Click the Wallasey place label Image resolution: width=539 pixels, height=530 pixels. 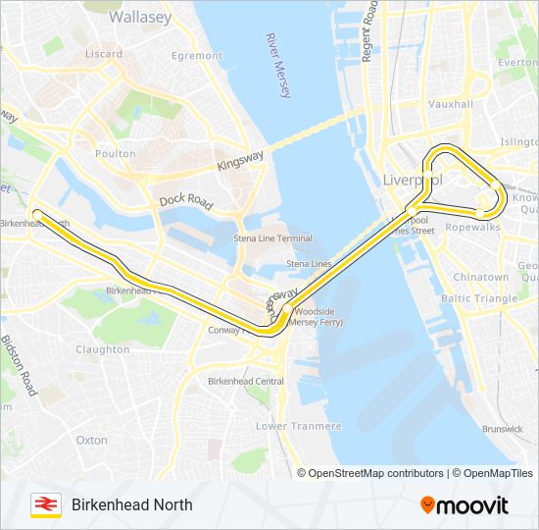pos(139,17)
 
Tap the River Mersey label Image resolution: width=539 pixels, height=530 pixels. pos(278,66)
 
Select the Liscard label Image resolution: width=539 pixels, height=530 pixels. pos(104,54)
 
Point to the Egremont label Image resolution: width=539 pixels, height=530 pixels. pos(197,56)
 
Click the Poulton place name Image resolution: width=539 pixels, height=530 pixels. pos(116,154)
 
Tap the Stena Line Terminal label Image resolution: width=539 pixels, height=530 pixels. pos(273,238)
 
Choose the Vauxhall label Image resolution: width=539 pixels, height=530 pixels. pos(450,104)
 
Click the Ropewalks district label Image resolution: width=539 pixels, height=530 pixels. pos(472,227)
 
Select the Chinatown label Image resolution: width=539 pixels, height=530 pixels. pos(480,278)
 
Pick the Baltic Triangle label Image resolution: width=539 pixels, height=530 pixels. pos(479,298)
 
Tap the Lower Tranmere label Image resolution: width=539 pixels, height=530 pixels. pos(299,426)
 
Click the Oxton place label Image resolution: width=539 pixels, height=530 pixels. pos(92,441)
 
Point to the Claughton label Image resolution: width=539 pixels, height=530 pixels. pos(102,349)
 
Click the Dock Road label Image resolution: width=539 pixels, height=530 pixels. pos(186,201)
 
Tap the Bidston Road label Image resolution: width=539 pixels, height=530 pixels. pos(19,365)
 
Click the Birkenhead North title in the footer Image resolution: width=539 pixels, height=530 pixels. pos(131,504)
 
